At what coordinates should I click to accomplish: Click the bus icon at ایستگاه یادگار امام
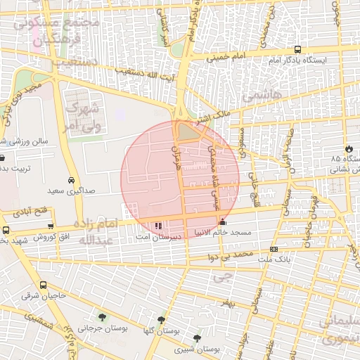pyautogui.click(x=298, y=50)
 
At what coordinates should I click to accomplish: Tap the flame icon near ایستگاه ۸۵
pyautogui.click(x=349, y=148)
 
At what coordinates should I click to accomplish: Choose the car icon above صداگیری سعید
pyautogui.click(x=72, y=180)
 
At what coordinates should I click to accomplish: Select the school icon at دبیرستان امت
pyautogui.click(x=157, y=226)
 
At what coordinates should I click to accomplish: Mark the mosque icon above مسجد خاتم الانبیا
pyautogui.click(x=223, y=222)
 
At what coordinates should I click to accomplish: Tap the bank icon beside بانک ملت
pyautogui.click(x=274, y=249)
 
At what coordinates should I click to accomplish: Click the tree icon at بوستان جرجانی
pyautogui.click(x=103, y=317)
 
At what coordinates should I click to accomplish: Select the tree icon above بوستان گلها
pyautogui.click(x=161, y=320)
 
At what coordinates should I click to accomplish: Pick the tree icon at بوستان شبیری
pyautogui.click(x=196, y=338)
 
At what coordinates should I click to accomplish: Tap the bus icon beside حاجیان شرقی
pyautogui.click(x=44, y=285)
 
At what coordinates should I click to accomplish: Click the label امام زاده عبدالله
pyautogui.click(x=89, y=231)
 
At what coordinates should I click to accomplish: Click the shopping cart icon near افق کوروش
pyautogui.click(x=51, y=226)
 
